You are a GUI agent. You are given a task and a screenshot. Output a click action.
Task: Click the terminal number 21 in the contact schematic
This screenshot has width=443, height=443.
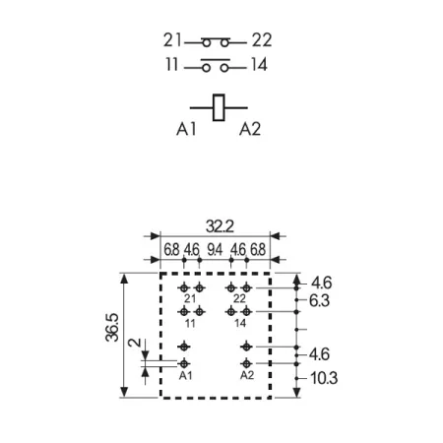click(x=172, y=40)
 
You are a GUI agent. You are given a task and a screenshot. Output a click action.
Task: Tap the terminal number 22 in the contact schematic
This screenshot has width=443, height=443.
click(x=262, y=40)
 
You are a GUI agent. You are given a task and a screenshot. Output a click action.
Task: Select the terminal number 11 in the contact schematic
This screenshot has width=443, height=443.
click(x=172, y=64)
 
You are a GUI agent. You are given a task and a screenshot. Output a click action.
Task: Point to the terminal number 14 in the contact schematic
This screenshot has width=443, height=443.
click(x=259, y=64)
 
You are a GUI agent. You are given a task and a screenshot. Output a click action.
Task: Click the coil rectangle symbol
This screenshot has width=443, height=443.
click(x=219, y=107)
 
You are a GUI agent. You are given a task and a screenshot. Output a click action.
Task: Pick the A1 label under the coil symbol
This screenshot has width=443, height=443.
click(x=186, y=129)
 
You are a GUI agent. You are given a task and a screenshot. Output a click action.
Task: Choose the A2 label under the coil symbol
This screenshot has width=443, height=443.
click(x=250, y=129)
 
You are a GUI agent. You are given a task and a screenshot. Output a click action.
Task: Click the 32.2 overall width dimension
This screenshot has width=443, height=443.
click(x=220, y=226)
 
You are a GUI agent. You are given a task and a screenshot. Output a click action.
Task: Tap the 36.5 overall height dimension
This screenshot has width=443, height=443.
click(x=112, y=328)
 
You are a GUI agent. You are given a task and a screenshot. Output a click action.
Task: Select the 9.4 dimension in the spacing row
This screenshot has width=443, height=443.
click(x=215, y=250)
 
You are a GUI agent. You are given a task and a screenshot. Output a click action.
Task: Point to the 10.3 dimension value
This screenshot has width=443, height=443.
click(x=324, y=378)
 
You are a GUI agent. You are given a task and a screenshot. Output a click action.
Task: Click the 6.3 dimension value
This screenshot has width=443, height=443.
click(x=319, y=300)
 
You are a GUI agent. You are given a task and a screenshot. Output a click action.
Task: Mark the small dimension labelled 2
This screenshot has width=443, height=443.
click(x=134, y=343)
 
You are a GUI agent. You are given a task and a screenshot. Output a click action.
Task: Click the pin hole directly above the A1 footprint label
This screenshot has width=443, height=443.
click(x=184, y=363)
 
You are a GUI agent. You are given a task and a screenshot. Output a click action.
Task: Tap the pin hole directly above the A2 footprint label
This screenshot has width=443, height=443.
click(x=246, y=363)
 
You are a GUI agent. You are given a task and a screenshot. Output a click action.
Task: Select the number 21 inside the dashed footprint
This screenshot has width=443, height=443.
click(x=190, y=298)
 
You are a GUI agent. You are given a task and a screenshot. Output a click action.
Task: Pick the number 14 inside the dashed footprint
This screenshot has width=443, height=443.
click(x=240, y=323)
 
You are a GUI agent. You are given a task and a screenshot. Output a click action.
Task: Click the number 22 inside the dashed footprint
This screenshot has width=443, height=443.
click(x=239, y=298)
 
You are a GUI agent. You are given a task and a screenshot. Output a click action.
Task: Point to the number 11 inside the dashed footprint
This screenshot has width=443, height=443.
click(x=190, y=323)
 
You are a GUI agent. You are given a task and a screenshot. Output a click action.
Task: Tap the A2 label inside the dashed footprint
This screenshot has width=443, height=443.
click(x=247, y=375)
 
